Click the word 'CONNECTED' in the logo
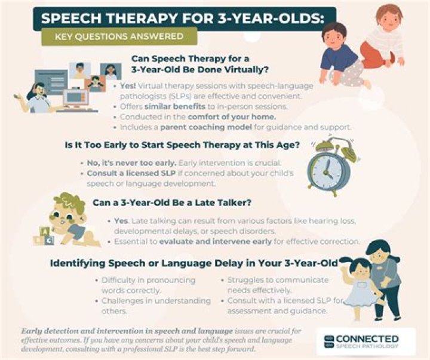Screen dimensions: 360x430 coord(369,337)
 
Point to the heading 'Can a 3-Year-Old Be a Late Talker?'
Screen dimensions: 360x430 coord(170,203)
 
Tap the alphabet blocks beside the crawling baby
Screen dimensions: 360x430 coord(43,238)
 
